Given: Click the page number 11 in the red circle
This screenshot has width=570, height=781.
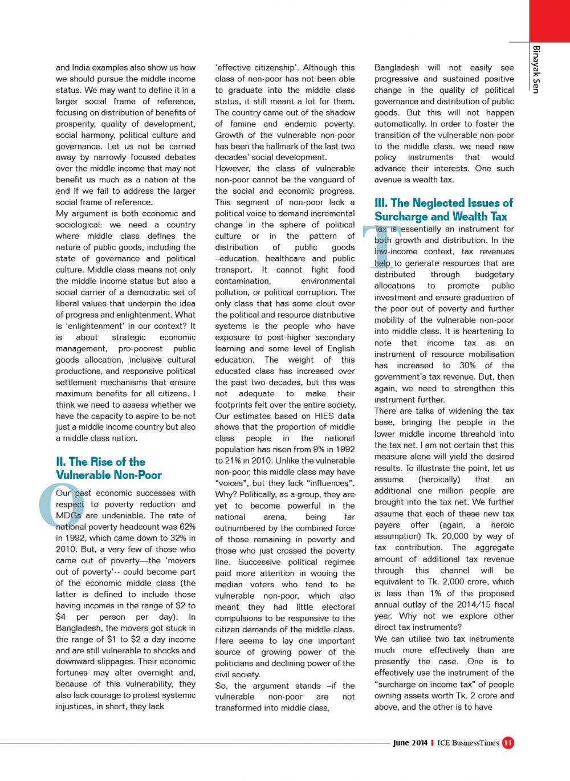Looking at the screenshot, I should (x=508, y=743).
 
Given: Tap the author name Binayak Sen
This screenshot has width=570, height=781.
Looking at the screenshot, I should (x=535, y=69).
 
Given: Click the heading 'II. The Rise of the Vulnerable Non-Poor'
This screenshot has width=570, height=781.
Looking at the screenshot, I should (x=108, y=468).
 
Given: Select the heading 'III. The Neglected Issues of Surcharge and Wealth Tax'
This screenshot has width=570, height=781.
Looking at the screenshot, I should (x=443, y=209).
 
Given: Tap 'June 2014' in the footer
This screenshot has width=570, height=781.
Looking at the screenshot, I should (x=410, y=743).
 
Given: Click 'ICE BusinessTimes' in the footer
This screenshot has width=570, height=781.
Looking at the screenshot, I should (x=468, y=743).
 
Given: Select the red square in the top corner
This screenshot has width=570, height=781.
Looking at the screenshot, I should (x=549, y=21).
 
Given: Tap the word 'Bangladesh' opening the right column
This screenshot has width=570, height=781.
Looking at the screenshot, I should (x=397, y=68).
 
